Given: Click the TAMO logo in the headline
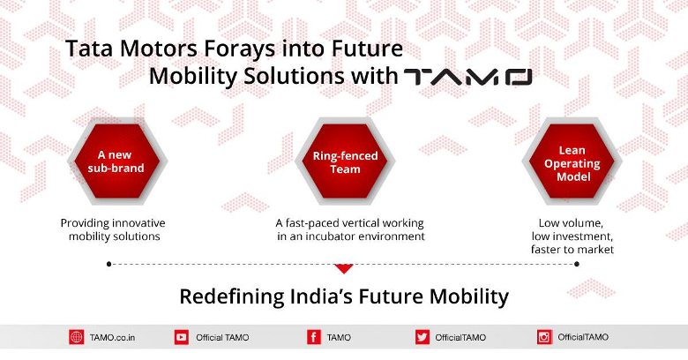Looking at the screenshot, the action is (467, 77).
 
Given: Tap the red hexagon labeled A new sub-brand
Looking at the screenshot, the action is (116, 161).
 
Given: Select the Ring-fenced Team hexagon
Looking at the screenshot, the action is (345, 161).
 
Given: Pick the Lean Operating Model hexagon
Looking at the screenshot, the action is (572, 161).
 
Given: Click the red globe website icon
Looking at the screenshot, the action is (77, 337).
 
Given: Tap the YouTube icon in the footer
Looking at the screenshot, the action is (182, 337).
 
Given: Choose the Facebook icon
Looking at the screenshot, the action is (314, 337).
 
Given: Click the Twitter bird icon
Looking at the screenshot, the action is (423, 337).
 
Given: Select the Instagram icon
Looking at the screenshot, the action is (544, 337).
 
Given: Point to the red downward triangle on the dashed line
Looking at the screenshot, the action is (344, 269).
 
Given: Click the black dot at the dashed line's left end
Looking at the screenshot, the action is (108, 264).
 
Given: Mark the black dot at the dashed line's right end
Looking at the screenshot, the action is (577, 264).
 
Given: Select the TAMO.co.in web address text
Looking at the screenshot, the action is (112, 338).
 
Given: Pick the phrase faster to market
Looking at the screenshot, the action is (572, 250).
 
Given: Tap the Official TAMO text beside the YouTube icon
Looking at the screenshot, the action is (222, 338).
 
